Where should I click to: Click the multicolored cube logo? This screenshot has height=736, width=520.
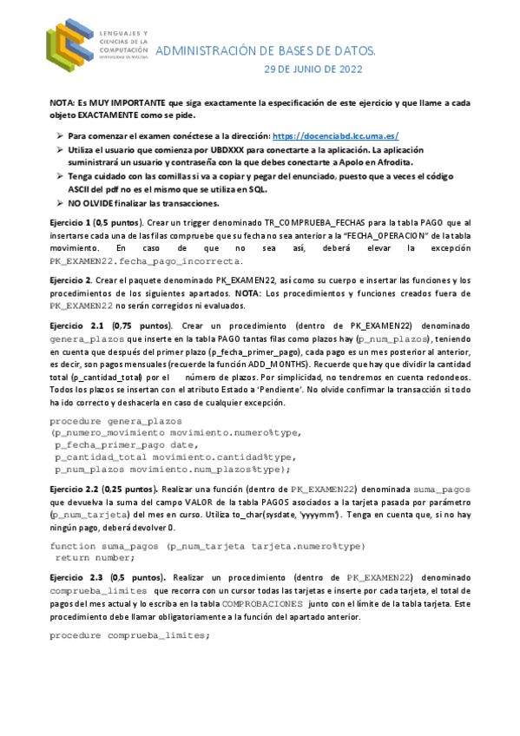tap(70, 45)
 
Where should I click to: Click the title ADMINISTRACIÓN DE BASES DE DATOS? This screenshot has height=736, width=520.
tap(265, 52)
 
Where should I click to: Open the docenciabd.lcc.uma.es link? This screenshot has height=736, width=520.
tap(335, 136)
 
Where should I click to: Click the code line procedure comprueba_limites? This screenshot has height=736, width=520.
tap(129, 635)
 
